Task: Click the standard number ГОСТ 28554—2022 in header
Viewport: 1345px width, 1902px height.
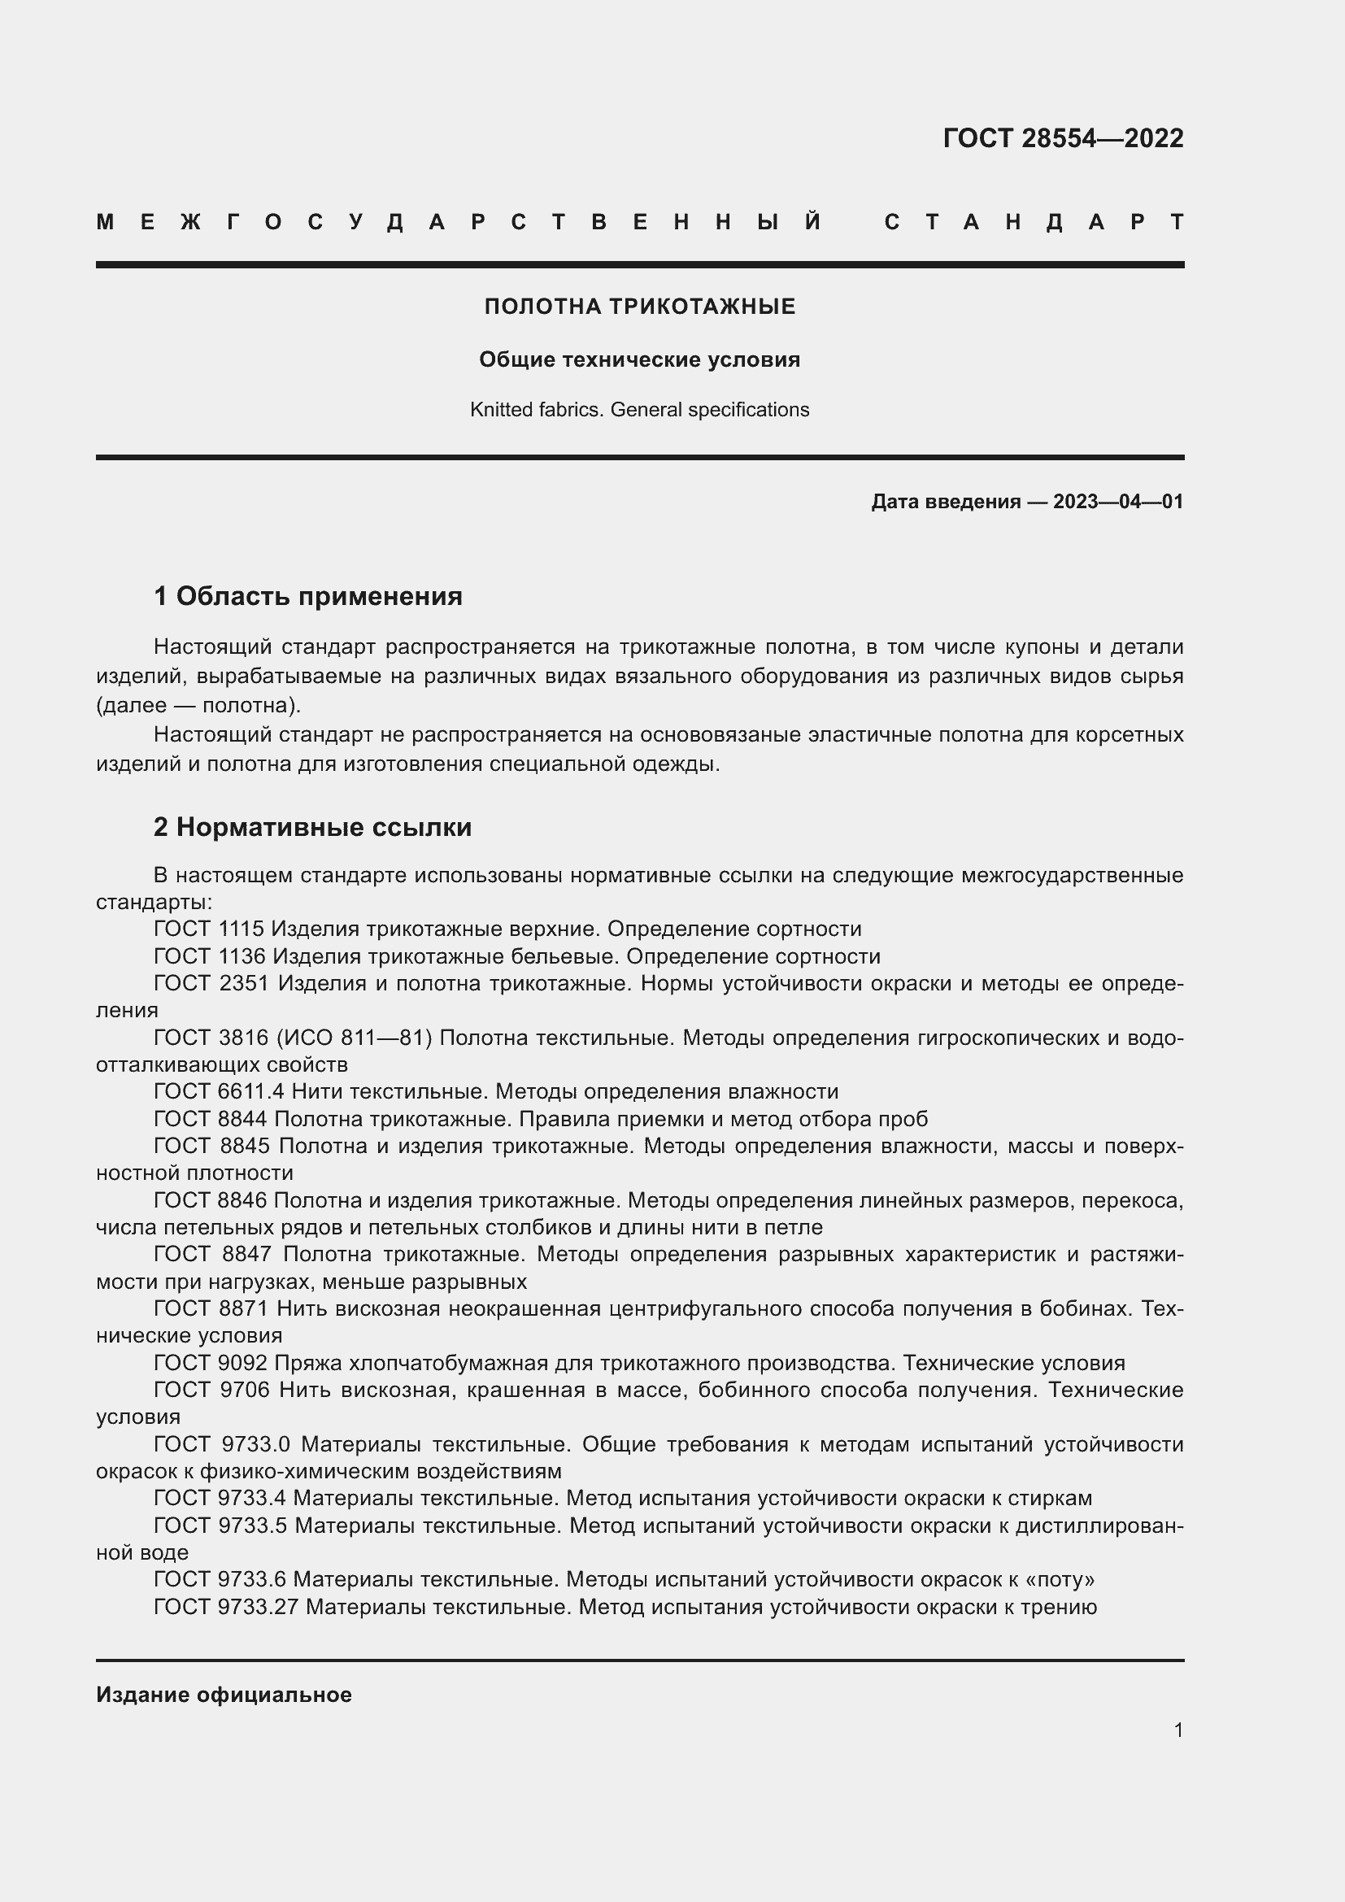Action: pyautogui.click(x=1063, y=137)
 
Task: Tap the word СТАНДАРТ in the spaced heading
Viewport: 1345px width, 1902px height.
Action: pyautogui.click(x=1034, y=222)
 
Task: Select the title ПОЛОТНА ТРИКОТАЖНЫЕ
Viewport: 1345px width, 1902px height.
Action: pyautogui.click(x=639, y=307)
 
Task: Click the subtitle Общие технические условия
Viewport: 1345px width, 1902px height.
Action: pyautogui.click(x=639, y=359)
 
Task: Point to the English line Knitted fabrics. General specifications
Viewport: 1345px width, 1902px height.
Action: pyautogui.click(x=639, y=409)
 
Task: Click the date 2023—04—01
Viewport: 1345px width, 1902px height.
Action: pyautogui.click(x=1117, y=501)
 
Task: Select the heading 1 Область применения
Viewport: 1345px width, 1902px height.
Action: pyautogui.click(x=308, y=595)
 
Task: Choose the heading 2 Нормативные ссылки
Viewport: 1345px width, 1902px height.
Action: pyautogui.click(x=312, y=827)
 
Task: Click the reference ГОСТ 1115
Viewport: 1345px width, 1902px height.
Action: pyautogui.click(x=209, y=929)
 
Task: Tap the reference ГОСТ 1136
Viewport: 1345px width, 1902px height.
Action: pyautogui.click(x=210, y=956)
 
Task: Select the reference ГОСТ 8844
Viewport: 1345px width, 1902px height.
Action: pyautogui.click(x=211, y=1118)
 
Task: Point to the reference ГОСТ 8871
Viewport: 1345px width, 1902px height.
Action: pyautogui.click(x=211, y=1308)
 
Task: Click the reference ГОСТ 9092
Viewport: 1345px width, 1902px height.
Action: pyautogui.click(x=211, y=1363)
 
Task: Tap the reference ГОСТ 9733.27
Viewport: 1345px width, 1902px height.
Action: pyautogui.click(x=226, y=1607)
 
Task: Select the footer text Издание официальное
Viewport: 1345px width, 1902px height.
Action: pyautogui.click(x=224, y=1695)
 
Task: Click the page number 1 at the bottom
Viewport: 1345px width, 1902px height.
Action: pyautogui.click(x=1177, y=1730)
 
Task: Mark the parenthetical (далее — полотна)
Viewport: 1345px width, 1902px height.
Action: pyautogui.click(x=198, y=705)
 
